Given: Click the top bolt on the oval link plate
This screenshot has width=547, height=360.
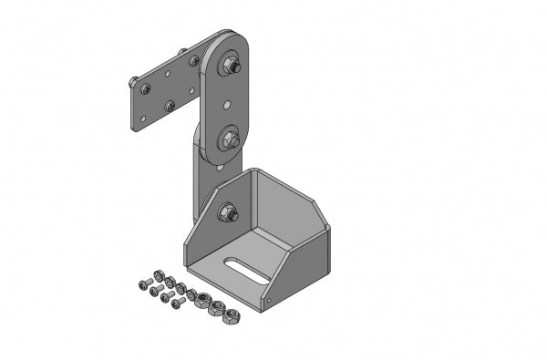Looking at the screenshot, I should (231, 66).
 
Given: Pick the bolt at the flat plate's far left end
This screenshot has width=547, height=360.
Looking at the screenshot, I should (134, 83).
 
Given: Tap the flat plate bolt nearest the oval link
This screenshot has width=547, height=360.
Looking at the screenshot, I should (194, 60).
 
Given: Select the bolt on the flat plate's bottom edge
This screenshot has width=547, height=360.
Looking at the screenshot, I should (170, 106).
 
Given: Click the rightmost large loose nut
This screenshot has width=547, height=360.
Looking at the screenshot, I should (232, 316).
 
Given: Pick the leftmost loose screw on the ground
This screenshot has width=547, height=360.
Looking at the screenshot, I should (143, 285).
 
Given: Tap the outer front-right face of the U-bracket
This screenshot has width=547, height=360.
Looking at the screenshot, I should (301, 269).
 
